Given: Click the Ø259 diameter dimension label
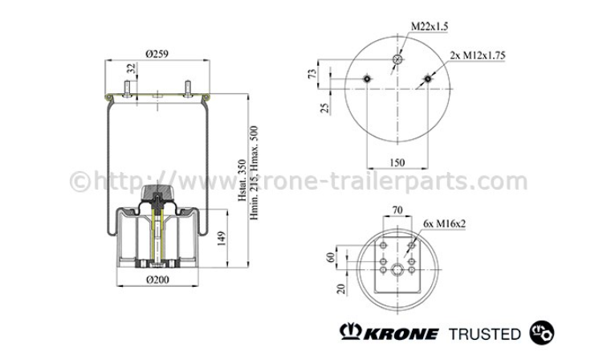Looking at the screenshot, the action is [x=157, y=54].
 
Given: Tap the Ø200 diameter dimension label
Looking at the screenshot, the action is [x=157, y=280].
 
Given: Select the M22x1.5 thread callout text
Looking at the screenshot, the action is [x=430, y=27].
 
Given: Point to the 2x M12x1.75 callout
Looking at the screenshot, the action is [x=477, y=55].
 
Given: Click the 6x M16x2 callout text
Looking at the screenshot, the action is [x=445, y=223].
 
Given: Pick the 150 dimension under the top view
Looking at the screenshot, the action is [x=397, y=162].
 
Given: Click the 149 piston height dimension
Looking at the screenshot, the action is [x=222, y=239].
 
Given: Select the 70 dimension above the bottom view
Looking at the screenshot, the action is [x=397, y=210].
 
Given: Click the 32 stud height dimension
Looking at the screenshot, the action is [x=132, y=68].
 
